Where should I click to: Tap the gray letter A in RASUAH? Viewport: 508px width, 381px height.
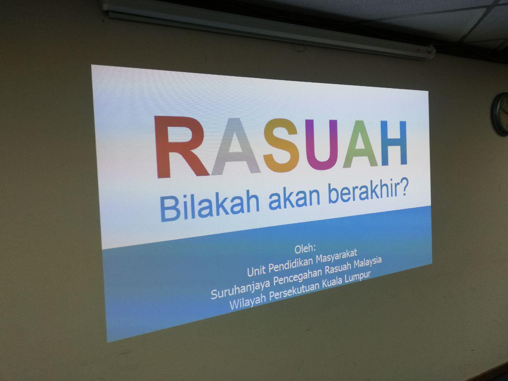pyautogui.click(x=236, y=146)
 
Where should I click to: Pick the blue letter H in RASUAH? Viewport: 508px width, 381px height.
pyautogui.click(x=394, y=143)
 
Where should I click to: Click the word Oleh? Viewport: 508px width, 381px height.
pyautogui.click(x=305, y=249)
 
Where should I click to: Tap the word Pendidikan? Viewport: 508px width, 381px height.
pyautogui.click(x=291, y=266)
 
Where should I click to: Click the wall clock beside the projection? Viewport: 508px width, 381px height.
pyautogui.click(x=500, y=114)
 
